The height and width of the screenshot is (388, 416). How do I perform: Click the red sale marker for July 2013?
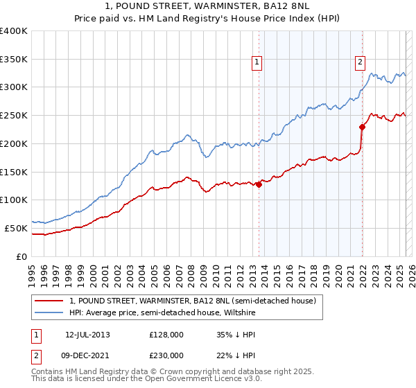[259, 184]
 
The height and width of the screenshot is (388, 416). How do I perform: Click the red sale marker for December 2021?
[362, 127]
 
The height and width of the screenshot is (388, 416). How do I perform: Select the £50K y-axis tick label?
[16, 228]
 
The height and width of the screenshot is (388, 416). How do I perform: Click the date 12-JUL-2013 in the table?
[87, 335]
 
